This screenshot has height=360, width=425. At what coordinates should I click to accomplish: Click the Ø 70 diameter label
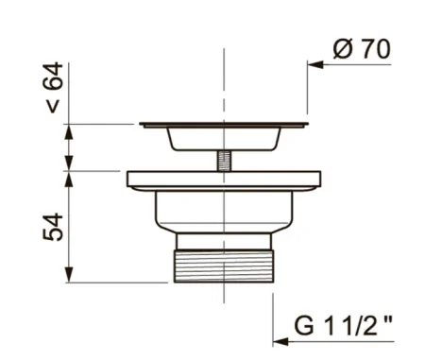(362, 49)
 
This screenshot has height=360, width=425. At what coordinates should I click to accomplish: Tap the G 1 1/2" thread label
(344, 326)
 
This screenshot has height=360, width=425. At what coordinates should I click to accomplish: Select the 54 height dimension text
(53, 227)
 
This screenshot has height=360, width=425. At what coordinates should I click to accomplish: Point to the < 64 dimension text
(55, 88)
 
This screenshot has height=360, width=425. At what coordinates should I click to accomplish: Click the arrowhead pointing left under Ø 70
(315, 65)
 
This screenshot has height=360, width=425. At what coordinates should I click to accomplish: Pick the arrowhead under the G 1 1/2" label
(280, 341)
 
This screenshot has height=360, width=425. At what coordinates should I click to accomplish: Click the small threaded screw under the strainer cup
(224, 161)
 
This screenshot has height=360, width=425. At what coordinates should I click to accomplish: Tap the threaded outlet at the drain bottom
(224, 266)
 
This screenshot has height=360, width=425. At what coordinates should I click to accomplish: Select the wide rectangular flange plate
(224, 180)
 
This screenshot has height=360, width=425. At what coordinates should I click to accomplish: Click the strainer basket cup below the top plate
(224, 139)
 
